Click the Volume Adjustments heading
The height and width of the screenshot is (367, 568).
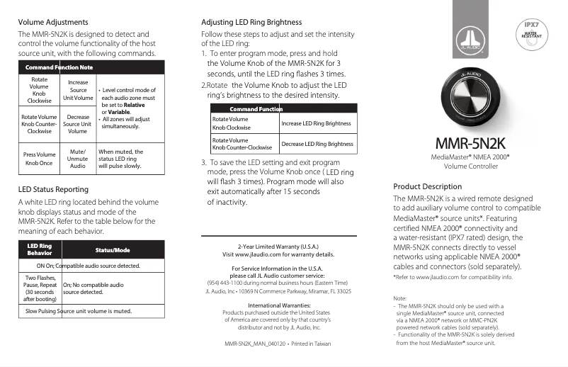(x=53, y=22)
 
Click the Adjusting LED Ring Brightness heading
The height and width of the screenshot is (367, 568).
(x=251, y=22)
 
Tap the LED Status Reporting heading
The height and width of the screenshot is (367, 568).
(x=53, y=189)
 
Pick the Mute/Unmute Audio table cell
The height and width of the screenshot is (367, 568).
(x=78, y=158)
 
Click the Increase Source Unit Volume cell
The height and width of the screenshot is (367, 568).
(x=78, y=90)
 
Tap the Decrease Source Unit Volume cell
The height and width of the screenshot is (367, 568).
(x=78, y=124)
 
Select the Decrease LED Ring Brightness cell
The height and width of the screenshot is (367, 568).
(x=317, y=144)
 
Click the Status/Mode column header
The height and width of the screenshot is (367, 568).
(x=113, y=250)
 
